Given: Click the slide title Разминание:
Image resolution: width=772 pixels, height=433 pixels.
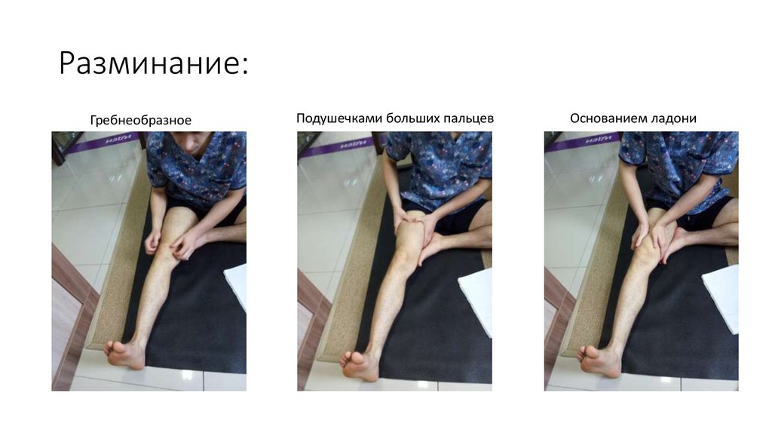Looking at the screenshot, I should pos(153,63).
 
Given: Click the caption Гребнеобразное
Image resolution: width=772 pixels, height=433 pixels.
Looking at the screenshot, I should pos(141,120).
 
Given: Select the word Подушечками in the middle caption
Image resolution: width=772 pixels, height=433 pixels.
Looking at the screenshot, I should pos(339,118).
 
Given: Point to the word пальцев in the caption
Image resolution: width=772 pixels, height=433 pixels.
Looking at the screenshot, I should pos(468,118).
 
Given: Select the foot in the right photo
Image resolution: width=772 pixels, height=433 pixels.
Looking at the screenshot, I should pos(599,361).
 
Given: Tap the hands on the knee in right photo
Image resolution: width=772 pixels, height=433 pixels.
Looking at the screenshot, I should pos(652,234).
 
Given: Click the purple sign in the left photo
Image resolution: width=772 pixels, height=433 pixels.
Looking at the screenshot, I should pos(106,141).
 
